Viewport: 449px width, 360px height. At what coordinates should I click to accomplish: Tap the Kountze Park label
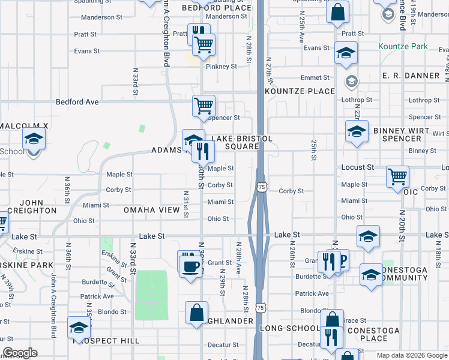403,46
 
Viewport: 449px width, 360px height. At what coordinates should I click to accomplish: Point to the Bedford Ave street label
77,102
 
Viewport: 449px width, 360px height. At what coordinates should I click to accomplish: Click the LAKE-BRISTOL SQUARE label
242,142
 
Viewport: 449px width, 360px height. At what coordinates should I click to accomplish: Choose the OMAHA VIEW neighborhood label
152,210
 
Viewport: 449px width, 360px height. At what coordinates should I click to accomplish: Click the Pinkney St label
221,67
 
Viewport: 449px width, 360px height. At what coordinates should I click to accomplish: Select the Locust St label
358,167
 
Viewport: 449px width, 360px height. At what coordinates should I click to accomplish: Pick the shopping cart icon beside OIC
397,177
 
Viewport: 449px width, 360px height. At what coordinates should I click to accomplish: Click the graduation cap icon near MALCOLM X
34,139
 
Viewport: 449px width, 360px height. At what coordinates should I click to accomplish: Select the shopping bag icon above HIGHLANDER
196,313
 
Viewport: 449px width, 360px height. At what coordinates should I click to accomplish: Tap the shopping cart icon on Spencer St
203,106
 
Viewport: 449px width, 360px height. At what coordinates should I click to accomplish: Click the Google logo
20,353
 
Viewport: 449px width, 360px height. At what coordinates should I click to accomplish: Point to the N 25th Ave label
302,29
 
